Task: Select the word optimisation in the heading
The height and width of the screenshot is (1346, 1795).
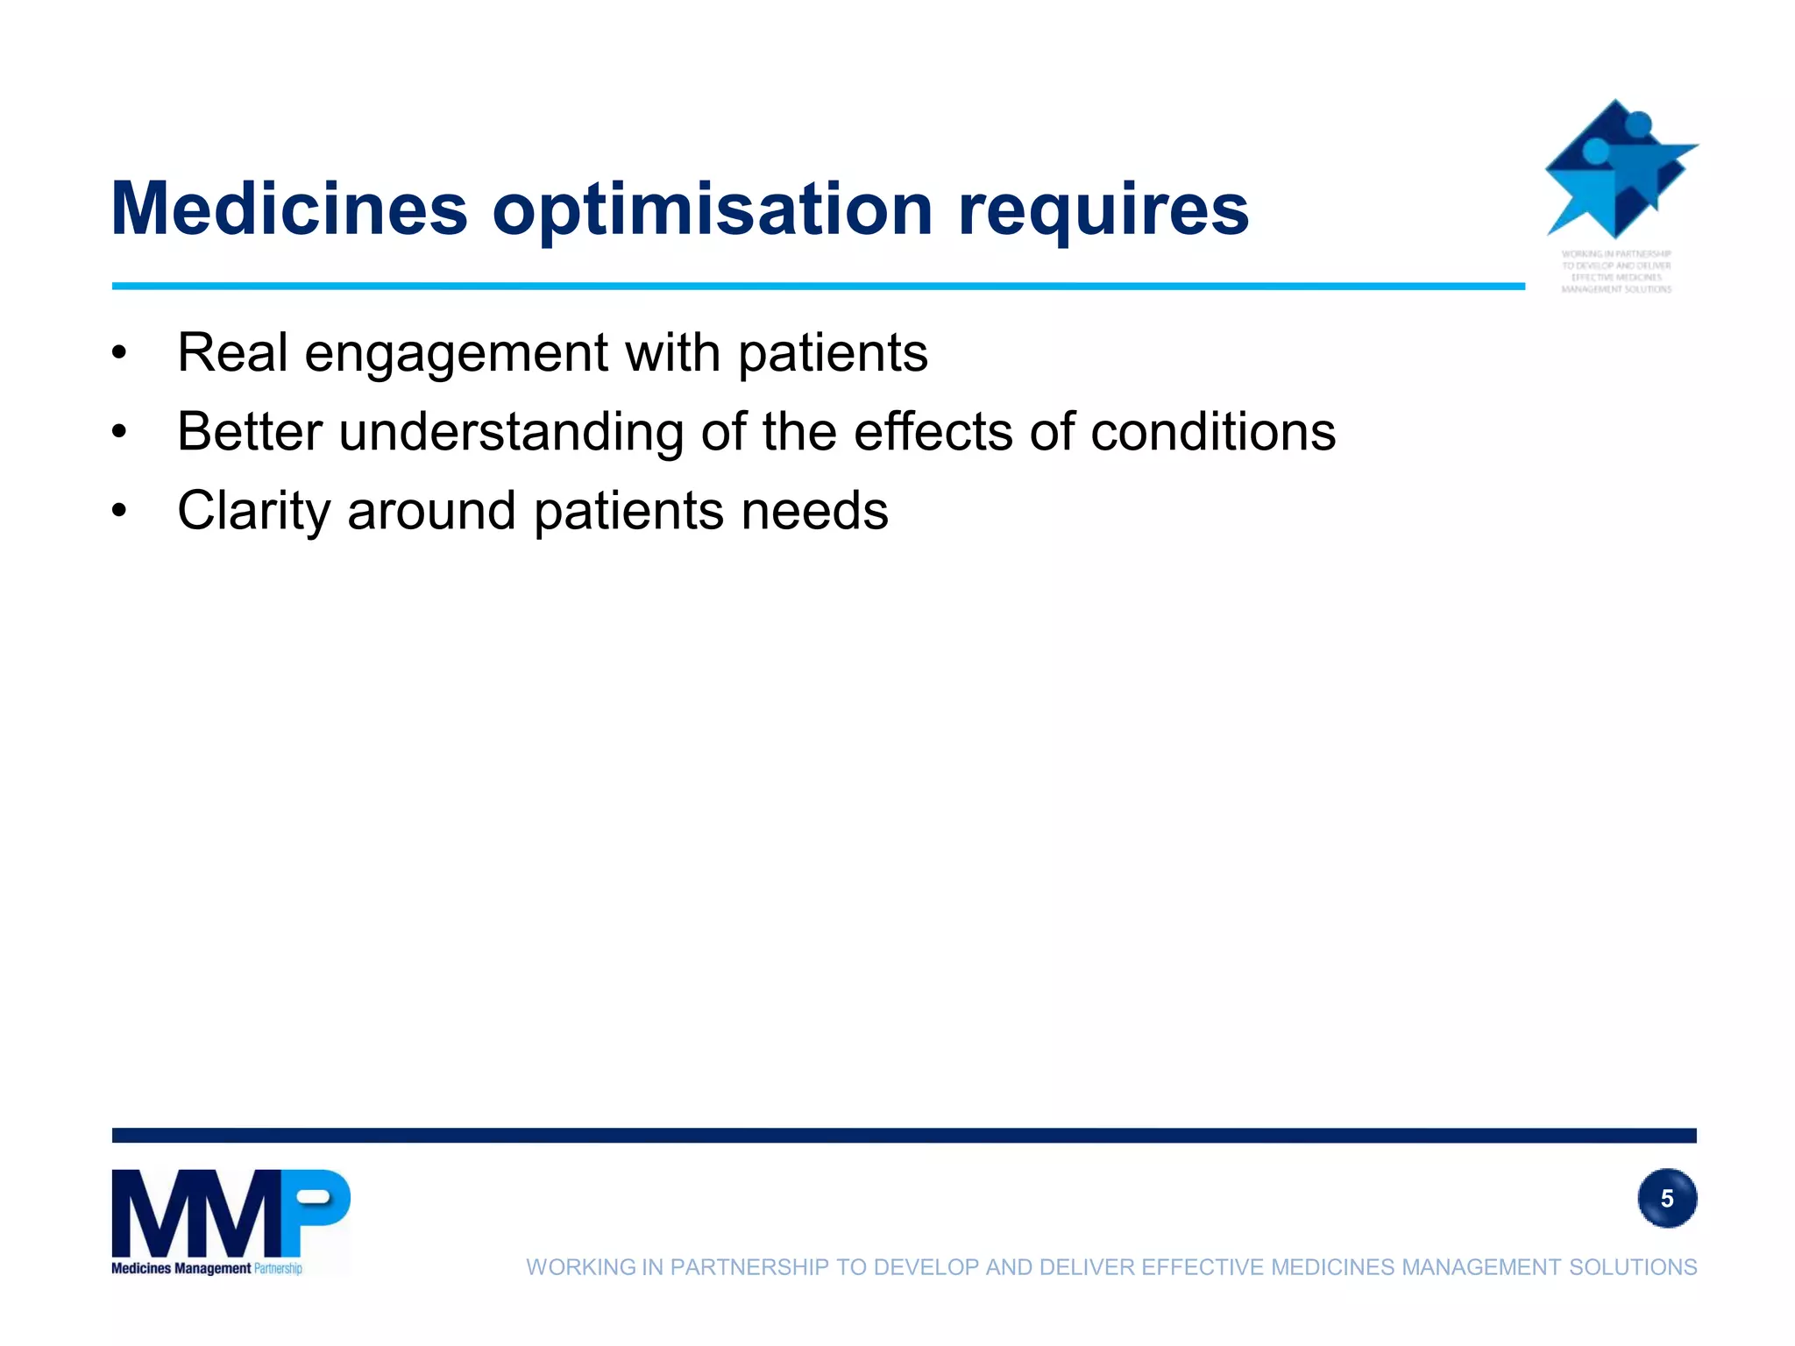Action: click(x=713, y=210)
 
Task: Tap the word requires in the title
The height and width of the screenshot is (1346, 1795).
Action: click(x=1103, y=210)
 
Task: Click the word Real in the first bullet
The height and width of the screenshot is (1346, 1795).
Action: click(x=232, y=352)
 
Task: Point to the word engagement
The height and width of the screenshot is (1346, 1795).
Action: click(x=456, y=354)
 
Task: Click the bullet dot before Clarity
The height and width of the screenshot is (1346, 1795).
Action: click(x=120, y=510)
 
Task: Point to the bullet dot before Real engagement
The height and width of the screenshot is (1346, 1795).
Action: click(x=120, y=353)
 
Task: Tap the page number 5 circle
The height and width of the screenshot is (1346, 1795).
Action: click(x=1666, y=1198)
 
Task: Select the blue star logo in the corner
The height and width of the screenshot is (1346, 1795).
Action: click(x=1620, y=170)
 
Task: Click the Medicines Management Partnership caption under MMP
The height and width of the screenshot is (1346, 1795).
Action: click(x=207, y=1268)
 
